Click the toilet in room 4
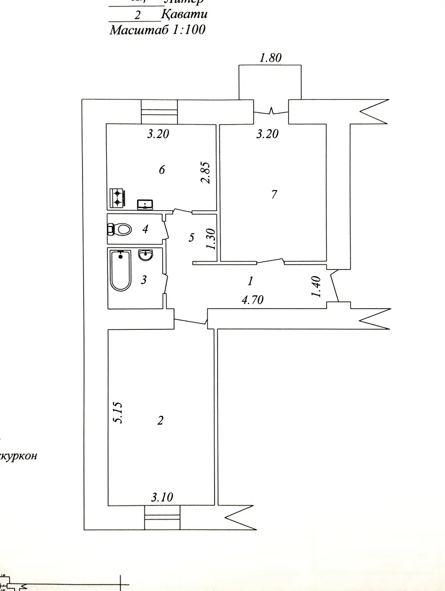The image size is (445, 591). [120, 229]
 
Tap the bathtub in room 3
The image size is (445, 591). [121, 271]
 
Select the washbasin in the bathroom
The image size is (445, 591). [146, 255]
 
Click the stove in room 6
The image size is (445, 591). [117, 198]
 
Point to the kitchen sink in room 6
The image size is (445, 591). [145, 204]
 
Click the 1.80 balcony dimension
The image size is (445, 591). [270, 58]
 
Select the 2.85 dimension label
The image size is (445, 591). [206, 172]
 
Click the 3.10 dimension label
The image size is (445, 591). [162, 497]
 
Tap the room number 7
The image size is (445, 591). [274, 194]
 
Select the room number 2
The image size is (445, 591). [160, 420]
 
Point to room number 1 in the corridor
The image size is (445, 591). [250, 281]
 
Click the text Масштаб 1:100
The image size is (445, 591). [157, 30]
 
